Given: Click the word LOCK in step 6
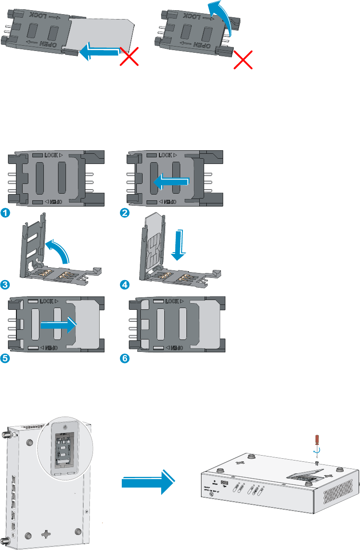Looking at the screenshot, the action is tap(174, 301).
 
